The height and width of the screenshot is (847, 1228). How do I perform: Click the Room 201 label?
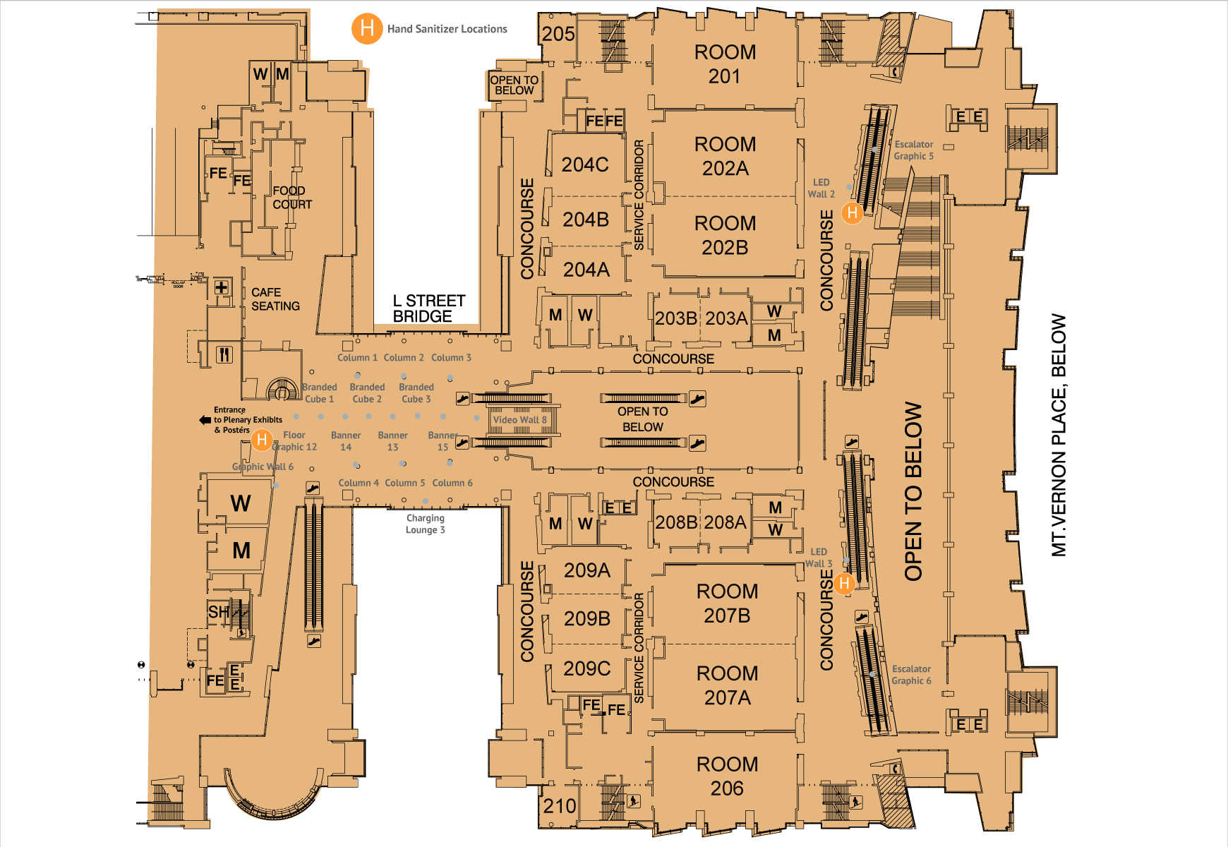click(x=725, y=64)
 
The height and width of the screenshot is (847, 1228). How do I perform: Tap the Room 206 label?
click(x=727, y=776)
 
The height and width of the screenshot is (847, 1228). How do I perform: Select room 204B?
click(x=585, y=220)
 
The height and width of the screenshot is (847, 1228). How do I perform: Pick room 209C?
click(x=586, y=668)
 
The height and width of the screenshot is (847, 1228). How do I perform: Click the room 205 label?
click(x=558, y=33)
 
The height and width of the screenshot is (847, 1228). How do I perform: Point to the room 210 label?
click(x=559, y=805)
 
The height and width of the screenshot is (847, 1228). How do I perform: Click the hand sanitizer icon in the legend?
click(x=367, y=29)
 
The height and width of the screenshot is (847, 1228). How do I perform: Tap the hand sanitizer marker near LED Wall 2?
click(x=853, y=212)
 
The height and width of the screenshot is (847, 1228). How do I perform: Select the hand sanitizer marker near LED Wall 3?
click(x=844, y=584)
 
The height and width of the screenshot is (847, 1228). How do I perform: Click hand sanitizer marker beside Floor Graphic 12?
click(x=262, y=440)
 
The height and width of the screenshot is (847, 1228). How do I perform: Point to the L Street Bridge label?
click(x=428, y=308)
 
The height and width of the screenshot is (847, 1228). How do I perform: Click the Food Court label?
click(x=292, y=198)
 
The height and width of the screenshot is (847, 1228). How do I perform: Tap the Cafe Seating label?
click(x=275, y=299)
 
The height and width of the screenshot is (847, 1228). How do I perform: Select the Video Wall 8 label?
click(x=519, y=420)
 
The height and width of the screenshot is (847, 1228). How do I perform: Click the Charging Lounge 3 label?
click(x=425, y=524)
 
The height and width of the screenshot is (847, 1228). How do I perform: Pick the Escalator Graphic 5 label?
click(x=913, y=150)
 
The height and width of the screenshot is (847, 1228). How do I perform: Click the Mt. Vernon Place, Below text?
click(x=1059, y=435)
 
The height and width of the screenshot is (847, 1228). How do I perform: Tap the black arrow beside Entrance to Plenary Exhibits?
click(x=205, y=420)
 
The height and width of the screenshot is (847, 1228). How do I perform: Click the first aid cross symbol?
click(x=222, y=287)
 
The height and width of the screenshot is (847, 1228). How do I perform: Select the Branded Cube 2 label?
click(x=367, y=393)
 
